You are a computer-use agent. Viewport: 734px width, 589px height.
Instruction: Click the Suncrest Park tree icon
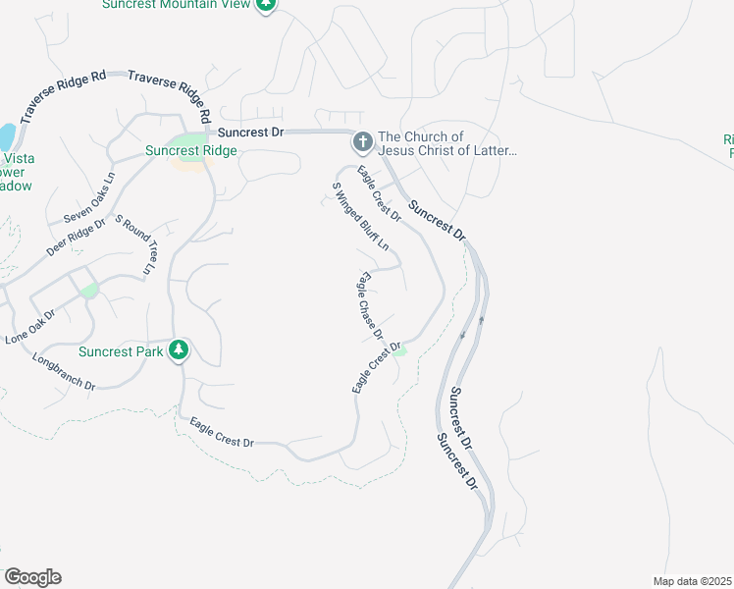pos(178,350)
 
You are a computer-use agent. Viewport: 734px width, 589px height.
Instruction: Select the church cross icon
pos(362,143)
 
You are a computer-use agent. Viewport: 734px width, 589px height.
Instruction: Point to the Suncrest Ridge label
pos(191,150)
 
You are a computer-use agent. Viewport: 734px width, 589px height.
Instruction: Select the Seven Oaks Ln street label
pos(89,197)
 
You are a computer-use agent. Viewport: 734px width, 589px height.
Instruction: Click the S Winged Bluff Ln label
pos(360,215)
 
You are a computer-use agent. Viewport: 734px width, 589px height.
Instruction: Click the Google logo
pos(32,577)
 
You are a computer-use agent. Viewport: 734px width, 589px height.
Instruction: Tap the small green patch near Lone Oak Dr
pos(89,290)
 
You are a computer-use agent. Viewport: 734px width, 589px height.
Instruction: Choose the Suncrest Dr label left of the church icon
pos(250,131)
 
